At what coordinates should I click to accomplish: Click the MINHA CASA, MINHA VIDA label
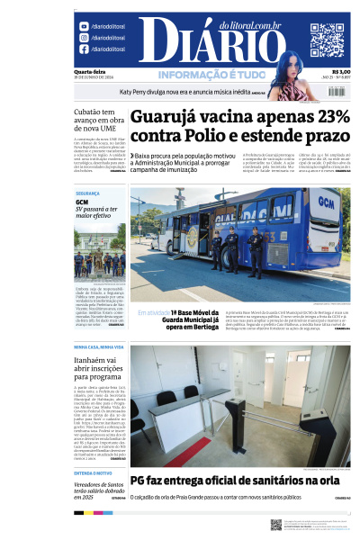(x=99, y=346)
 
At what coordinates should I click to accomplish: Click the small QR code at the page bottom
(x=276, y=524)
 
